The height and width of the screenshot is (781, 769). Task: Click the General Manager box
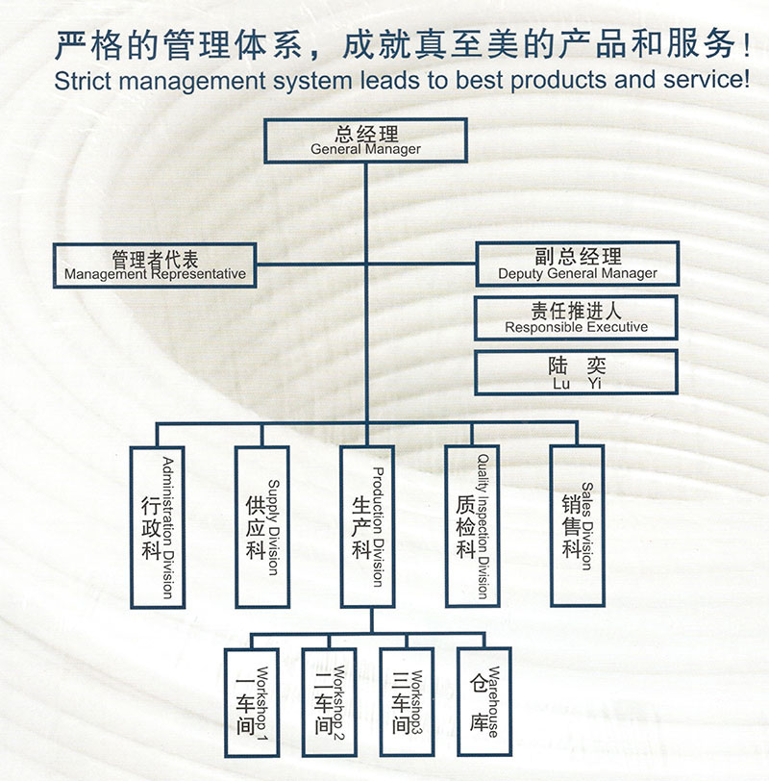[365, 140]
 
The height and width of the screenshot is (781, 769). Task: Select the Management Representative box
[155, 265]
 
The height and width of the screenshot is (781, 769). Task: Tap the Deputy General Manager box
[578, 264]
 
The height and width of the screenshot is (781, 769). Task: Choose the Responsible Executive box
[576, 317]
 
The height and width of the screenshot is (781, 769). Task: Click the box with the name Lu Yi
[576, 372]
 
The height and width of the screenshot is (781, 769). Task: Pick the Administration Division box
[158, 527]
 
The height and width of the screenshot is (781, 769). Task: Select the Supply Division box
[262, 526]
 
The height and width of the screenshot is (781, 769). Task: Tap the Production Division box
[368, 526]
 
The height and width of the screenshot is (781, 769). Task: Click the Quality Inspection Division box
[472, 525]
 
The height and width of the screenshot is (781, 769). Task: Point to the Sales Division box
[578, 525]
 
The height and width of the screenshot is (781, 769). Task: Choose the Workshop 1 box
[251, 703]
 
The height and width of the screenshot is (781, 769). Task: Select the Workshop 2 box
[329, 702]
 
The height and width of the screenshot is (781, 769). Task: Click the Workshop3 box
[407, 702]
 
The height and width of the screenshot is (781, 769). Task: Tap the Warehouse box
[484, 701]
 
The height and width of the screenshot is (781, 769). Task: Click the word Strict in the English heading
[83, 81]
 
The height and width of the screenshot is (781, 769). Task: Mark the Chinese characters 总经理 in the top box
[366, 134]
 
